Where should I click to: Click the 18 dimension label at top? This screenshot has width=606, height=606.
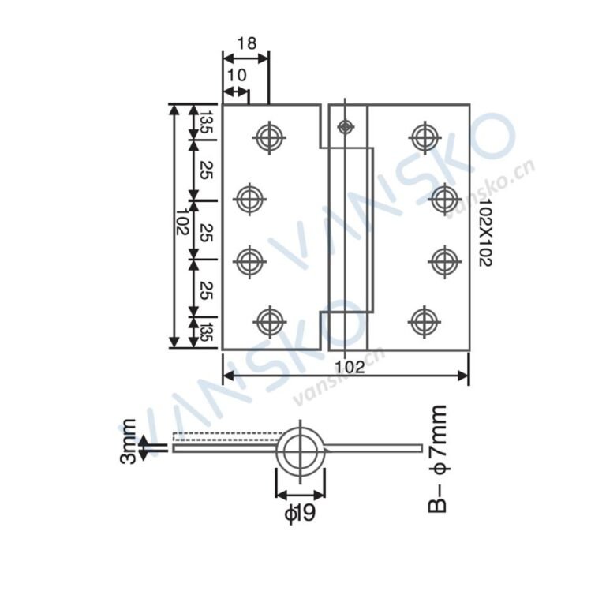(x=246, y=43)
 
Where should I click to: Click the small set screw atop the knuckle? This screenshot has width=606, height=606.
(x=344, y=126)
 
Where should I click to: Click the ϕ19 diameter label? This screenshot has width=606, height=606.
(x=300, y=514)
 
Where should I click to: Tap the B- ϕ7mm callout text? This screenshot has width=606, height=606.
(x=439, y=458)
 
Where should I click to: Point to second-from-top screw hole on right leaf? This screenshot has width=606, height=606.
(x=444, y=198)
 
